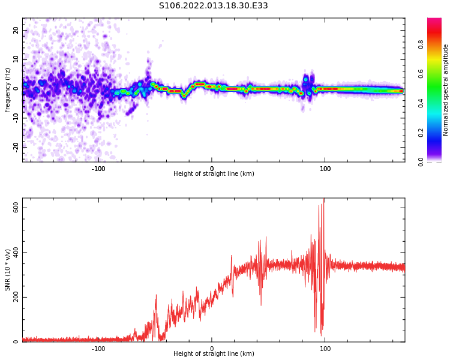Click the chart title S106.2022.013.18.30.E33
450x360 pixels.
214,6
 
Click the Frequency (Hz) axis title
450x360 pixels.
8,90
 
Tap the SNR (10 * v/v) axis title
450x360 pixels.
8,270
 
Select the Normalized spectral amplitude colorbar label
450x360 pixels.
446,90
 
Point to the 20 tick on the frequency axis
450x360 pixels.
16,30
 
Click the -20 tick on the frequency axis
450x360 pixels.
14,146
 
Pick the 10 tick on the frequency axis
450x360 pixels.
16,59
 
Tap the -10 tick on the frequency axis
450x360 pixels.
14,118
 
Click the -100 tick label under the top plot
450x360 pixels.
98,169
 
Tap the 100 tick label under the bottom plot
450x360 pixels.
325,348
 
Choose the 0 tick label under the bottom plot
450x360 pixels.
211,348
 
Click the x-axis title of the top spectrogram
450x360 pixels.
214,174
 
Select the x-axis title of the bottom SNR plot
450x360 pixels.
214,354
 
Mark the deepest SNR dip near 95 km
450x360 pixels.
321,334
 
